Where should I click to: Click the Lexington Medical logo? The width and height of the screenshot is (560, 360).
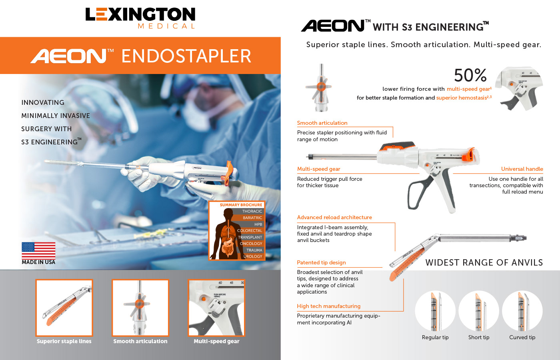(140, 18)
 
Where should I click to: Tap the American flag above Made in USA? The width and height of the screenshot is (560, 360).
(38, 250)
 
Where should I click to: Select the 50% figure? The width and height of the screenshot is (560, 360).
(470, 75)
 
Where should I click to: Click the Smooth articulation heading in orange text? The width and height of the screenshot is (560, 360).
(322, 123)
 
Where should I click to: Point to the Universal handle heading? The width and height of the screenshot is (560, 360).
(522, 169)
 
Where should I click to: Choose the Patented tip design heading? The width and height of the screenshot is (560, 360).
(321, 262)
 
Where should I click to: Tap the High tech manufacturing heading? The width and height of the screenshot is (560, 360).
(328, 306)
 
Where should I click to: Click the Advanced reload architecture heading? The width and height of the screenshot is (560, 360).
(334, 218)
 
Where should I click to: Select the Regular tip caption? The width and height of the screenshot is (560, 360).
(435, 337)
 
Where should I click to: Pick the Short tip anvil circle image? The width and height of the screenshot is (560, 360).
(478, 311)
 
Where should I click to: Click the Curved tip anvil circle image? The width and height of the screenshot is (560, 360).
(522, 311)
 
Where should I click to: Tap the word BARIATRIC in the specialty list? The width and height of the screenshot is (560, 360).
(252, 218)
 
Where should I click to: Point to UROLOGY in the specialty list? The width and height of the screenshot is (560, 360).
(253, 256)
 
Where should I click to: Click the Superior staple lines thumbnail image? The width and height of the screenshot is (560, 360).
(64, 308)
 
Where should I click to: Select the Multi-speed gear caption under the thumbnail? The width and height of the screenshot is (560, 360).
(216, 341)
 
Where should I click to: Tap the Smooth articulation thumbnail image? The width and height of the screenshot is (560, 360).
(140, 308)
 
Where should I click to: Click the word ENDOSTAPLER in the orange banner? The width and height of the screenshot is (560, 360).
(186, 56)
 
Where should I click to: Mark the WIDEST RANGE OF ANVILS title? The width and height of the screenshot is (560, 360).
(484, 262)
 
